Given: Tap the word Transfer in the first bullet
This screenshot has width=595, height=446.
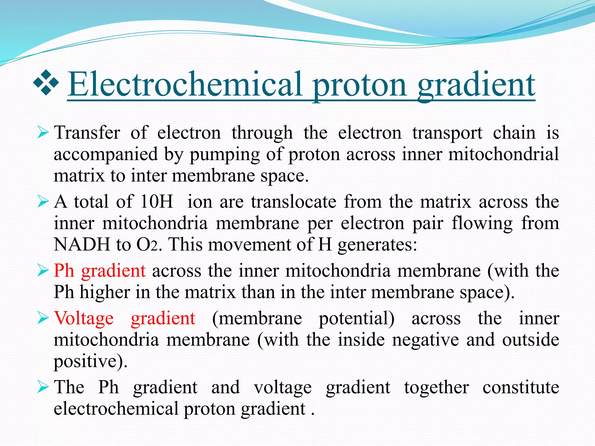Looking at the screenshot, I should point(87,133).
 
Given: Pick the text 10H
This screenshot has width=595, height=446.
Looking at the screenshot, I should point(157,201).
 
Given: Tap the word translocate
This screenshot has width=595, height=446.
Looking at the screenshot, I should point(294,201).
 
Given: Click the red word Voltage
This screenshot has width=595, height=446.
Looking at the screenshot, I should point(84,318).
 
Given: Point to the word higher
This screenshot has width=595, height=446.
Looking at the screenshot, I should point(105,292).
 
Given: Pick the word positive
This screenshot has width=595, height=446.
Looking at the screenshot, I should point(90,362).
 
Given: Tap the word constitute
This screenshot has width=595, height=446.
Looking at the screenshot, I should point(521,387).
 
